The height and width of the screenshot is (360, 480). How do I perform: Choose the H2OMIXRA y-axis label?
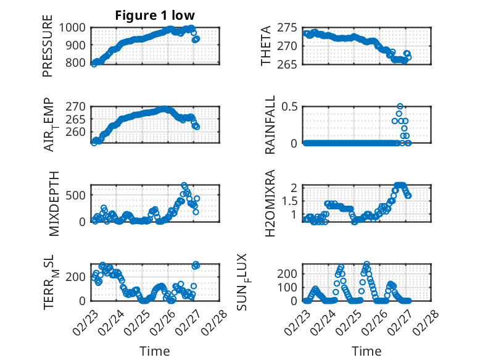(x=270, y=203)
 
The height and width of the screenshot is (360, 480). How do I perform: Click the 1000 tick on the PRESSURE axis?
(x=75, y=28)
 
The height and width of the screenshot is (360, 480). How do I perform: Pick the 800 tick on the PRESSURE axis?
(x=78, y=63)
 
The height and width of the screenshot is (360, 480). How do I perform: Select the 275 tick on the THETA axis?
(x=289, y=28)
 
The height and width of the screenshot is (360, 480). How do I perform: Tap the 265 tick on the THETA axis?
(x=289, y=64)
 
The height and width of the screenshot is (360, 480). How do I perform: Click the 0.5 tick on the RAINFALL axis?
(x=291, y=106)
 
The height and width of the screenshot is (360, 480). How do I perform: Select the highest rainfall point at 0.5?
(x=400, y=107)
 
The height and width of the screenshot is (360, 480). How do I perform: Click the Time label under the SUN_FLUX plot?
(x=366, y=351)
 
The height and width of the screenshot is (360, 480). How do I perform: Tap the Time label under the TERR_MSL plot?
(x=151, y=351)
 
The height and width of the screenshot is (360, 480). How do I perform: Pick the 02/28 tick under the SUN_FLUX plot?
(x=424, y=321)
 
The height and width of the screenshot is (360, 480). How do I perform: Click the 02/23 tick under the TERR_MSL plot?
(x=85, y=321)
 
